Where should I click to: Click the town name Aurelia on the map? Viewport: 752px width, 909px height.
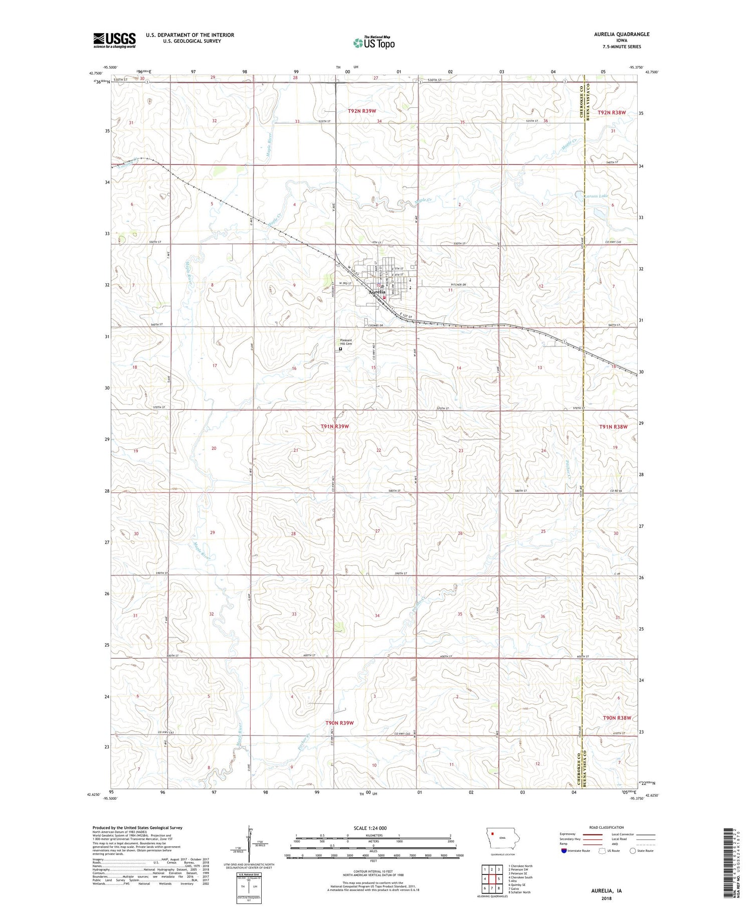tap(377, 292)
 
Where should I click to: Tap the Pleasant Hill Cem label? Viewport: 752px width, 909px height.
tap(346, 342)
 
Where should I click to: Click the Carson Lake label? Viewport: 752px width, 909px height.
tap(595, 196)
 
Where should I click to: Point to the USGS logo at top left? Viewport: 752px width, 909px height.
tap(114, 40)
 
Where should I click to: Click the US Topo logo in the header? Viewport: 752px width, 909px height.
tap(373, 43)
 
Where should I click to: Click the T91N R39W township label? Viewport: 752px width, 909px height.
tap(334, 426)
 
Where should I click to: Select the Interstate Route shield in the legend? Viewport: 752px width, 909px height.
tap(564, 851)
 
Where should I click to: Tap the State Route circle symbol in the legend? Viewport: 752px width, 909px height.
tap(633, 851)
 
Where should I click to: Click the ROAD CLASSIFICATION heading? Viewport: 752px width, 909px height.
tap(607, 827)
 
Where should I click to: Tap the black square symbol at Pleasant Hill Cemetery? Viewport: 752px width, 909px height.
tap(340, 349)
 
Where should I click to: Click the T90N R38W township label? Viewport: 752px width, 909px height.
tap(617, 718)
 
